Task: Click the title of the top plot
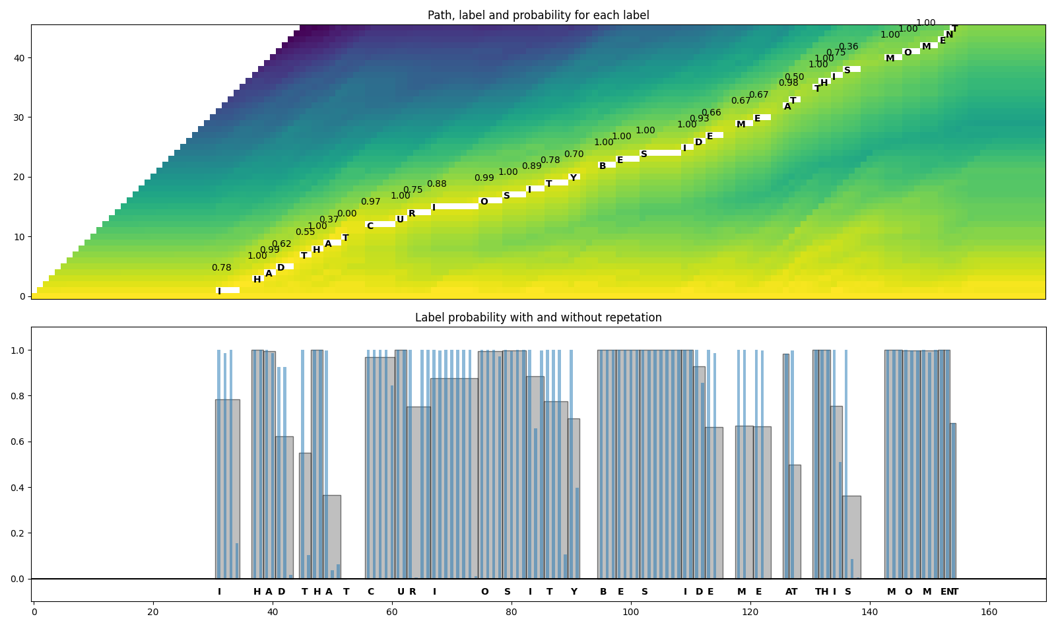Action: [x=538, y=15]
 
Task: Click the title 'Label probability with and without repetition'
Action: [x=538, y=317]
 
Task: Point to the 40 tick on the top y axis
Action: [x=19, y=58]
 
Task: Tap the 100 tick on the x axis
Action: [x=631, y=612]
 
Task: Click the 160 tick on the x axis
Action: [x=989, y=612]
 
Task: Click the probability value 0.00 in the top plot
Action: [x=346, y=214]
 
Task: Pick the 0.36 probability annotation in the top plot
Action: [x=848, y=47]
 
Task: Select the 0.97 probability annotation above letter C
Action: [x=370, y=202]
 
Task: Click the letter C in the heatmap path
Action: [x=370, y=226]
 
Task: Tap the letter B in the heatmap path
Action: [x=603, y=166]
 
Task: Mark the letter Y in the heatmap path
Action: [x=574, y=178]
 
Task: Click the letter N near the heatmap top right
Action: [x=949, y=35]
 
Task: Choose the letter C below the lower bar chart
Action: [x=370, y=592]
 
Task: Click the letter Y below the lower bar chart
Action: [x=574, y=592]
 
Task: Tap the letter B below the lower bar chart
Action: [x=603, y=592]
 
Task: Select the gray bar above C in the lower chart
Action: [x=379, y=469]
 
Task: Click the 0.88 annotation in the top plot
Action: [x=436, y=184]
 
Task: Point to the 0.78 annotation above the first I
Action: [x=221, y=268]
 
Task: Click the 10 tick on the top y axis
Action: [x=19, y=237]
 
